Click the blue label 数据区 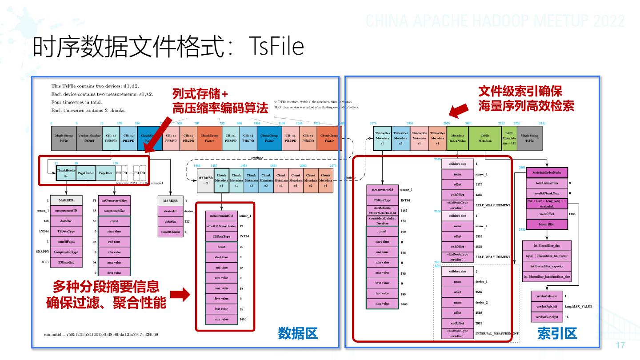(298, 333)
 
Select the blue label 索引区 (556, 333)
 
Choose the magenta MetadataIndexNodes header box (548, 172)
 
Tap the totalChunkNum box (548, 182)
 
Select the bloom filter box (548, 224)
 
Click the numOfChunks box (170, 232)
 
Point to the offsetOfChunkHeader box (221, 226)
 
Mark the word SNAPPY (42, 252)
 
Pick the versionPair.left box (547, 307)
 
